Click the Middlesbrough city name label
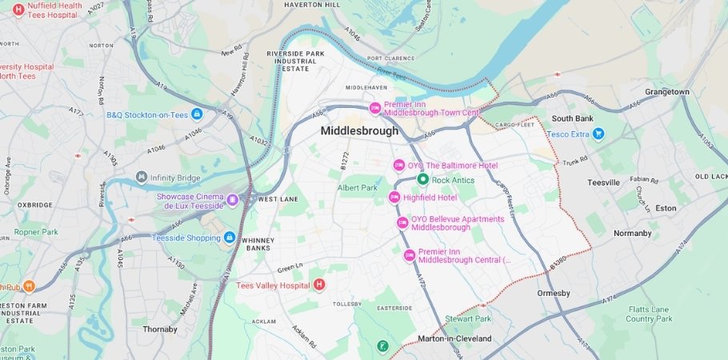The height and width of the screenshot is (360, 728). pos(359,130)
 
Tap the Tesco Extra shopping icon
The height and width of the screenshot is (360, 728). pos(598,134)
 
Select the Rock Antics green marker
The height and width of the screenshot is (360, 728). pos(424,180)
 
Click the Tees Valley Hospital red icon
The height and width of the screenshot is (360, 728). pos(319,284)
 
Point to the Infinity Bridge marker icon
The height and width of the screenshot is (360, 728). pos(142,177)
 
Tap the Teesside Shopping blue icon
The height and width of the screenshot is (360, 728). pos(230,238)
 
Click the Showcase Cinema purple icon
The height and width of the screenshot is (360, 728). pos(232,199)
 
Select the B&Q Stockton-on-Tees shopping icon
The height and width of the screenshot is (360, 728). pos(197,114)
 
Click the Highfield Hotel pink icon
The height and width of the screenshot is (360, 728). pos(394,198)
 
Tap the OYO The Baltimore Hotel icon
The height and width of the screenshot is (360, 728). pos(398,166)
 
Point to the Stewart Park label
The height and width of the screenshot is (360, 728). pos(468,318)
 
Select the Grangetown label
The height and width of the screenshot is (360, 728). pos(667,92)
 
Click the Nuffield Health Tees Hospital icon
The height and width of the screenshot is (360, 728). pos(18,9)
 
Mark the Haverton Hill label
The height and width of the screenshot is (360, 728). pos(308,5)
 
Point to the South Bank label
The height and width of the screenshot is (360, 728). pos(572,118)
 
